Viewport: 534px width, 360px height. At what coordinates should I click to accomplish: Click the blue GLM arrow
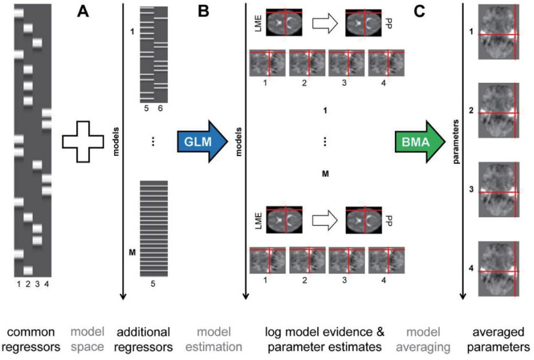(202, 142)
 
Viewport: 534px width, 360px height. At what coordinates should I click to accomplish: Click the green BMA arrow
(420, 142)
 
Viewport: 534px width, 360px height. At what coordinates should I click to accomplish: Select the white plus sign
(83, 142)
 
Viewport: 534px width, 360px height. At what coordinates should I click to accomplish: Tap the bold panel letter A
(83, 11)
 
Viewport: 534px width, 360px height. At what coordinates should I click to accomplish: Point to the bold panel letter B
(203, 11)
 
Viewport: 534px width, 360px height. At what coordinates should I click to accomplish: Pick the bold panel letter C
(419, 11)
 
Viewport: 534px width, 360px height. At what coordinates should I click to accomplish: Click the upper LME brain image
(284, 22)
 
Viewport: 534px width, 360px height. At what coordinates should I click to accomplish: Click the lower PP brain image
(364, 220)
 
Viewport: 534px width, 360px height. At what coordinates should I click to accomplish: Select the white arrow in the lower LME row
(325, 220)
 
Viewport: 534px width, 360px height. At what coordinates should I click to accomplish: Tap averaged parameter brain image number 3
(499, 190)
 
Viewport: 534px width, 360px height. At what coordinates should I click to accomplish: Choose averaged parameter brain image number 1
(499, 32)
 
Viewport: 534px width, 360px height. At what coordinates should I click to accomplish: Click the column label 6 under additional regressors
(160, 109)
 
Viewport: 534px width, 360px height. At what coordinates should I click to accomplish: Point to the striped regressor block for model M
(154, 228)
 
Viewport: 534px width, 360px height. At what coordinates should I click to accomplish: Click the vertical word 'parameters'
(456, 142)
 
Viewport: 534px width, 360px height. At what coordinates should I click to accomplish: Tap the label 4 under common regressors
(47, 284)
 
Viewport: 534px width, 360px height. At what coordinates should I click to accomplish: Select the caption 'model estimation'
(214, 339)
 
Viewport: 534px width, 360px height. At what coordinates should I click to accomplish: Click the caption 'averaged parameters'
(498, 339)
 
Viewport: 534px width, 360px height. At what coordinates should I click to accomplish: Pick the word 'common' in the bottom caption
(31, 332)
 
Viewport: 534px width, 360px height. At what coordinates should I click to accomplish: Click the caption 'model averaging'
(423, 339)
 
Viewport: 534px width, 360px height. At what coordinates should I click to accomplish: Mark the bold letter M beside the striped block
(132, 253)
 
